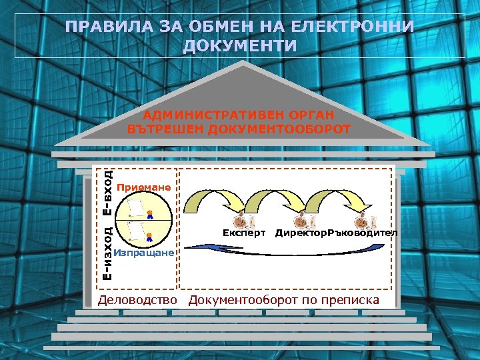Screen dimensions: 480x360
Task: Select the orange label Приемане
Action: (144, 187)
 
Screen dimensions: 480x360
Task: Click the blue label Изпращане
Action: (144, 253)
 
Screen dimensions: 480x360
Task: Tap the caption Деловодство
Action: (137, 300)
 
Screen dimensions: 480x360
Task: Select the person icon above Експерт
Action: (241, 219)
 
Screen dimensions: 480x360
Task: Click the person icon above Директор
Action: (301, 219)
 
